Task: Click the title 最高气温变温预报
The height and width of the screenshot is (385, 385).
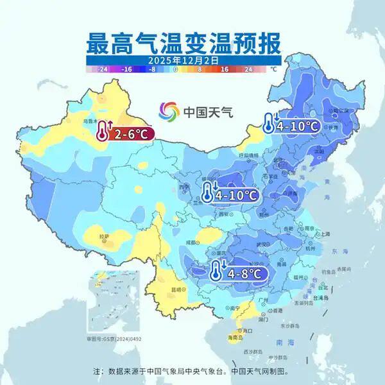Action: click(184, 43)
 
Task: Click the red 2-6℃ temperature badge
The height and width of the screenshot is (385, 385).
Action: click(124, 133)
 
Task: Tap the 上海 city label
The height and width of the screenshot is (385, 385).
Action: click(325, 234)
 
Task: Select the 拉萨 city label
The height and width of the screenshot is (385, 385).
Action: click(103, 237)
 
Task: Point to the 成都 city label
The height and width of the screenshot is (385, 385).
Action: click(191, 241)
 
